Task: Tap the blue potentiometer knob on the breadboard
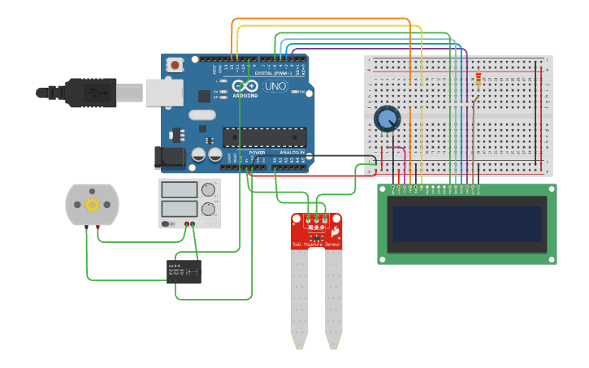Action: (387, 119)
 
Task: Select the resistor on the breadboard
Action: (478, 80)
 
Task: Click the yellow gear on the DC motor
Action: (92, 204)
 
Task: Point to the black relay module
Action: (184, 271)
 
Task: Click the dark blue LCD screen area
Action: (466, 223)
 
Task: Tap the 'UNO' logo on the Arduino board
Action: (275, 86)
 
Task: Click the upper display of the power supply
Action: (180, 190)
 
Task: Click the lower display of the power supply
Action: (180, 208)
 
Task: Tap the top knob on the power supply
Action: (209, 190)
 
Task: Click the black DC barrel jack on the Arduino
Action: (168, 157)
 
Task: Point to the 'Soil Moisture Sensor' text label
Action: (316, 244)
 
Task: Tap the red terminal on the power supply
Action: (187, 223)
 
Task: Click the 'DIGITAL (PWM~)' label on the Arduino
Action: (274, 72)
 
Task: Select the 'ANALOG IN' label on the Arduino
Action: (292, 152)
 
